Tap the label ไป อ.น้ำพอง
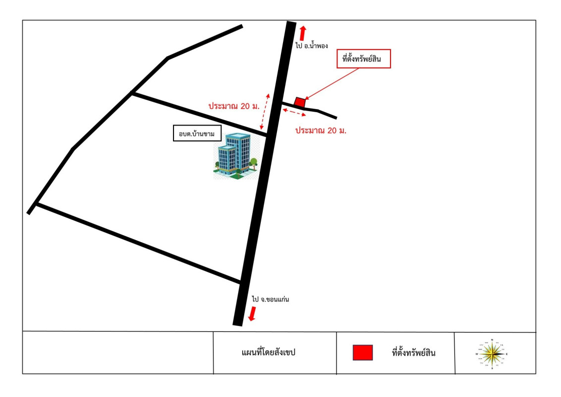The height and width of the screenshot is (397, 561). (312, 45)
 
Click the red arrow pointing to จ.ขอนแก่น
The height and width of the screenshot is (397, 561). (252, 313)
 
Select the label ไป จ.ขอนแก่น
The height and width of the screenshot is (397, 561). (270, 300)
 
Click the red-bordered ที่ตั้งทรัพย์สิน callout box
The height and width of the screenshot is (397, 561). (364, 59)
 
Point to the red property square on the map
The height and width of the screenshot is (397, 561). (299, 102)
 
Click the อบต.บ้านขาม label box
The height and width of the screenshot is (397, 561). (197, 133)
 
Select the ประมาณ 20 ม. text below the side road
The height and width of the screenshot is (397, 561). (320, 131)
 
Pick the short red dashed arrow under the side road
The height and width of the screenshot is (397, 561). (294, 113)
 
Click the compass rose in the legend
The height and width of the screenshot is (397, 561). (492, 354)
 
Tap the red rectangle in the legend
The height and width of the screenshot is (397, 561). (362, 353)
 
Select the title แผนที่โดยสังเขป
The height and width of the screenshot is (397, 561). (268, 353)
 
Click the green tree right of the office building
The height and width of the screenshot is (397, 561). (254, 163)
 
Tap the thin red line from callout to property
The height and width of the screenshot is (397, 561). (332, 83)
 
